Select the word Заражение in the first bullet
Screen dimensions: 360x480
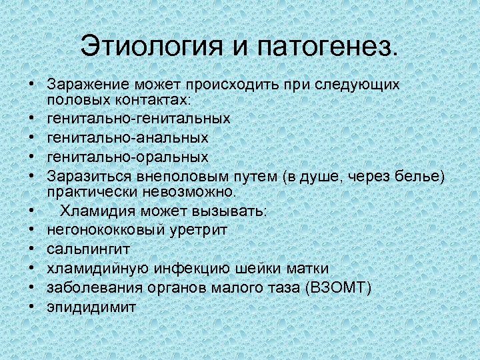[87, 85]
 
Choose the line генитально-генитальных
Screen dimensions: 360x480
[139, 118]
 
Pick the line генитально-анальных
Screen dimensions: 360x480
[127, 137]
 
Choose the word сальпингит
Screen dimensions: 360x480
[88, 249]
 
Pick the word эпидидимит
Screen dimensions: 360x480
[91, 307]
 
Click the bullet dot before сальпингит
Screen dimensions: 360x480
[31, 249]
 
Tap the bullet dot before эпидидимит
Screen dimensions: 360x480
[31, 307]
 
